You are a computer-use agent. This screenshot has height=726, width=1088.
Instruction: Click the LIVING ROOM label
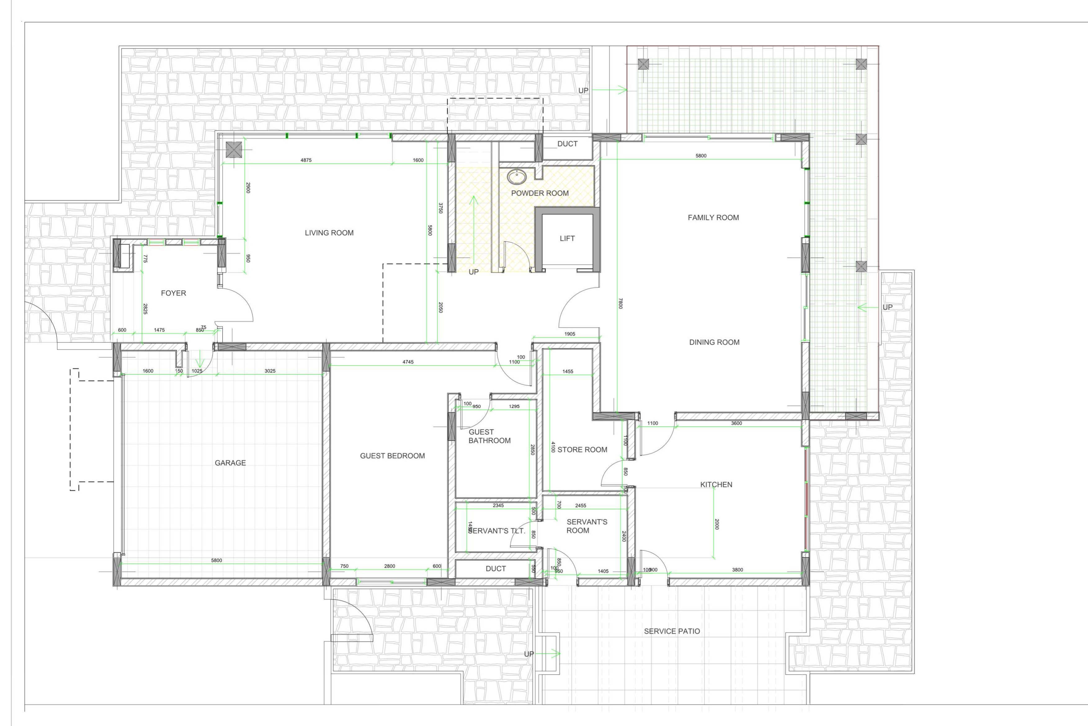tap(329, 233)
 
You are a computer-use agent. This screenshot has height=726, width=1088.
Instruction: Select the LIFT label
tap(567, 238)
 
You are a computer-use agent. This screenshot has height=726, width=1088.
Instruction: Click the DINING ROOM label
tap(714, 342)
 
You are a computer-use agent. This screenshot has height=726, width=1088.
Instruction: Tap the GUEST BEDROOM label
tap(392, 456)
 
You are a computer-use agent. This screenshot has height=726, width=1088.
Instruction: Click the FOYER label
tap(173, 293)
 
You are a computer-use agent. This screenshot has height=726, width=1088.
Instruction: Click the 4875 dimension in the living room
tap(306, 160)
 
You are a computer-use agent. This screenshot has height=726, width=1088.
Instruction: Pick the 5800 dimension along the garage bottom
tap(216, 561)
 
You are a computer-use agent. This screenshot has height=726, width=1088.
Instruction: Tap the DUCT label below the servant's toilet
tap(495, 569)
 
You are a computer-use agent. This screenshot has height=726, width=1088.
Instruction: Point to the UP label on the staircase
tap(473, 272)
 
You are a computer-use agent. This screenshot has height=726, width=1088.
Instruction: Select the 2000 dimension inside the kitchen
tap(716, 524)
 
